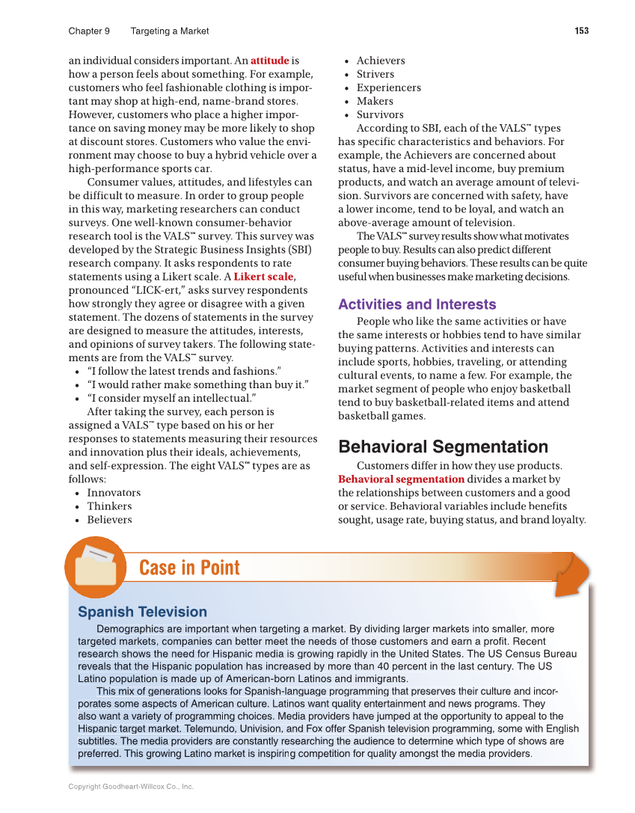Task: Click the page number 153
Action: [581, 31]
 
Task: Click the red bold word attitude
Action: [269, 61]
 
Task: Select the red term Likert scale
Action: [263, 277]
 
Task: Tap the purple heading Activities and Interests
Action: [417, 304]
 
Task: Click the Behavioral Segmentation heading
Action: [443, 447]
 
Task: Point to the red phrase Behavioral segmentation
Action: [401, 479]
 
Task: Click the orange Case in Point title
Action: [189, 568]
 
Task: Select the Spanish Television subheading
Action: [142, 612]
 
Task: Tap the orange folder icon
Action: [93, 567]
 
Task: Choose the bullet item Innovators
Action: [114, 493]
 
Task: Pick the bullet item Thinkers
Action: [109, 506]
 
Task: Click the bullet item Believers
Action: [109, 520]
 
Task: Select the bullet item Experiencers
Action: [388, 88]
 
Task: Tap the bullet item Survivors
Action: [380, 114]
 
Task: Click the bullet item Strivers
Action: [375, 74]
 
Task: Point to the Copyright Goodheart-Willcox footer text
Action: [131, 787]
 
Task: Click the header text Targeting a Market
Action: [170, 31]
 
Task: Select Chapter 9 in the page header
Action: [89, 31]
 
